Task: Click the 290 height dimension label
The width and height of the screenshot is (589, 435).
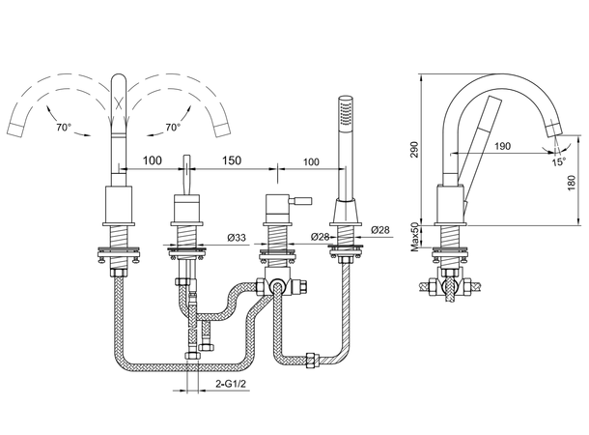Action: [414, 149]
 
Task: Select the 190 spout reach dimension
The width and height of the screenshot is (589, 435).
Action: [502, 146]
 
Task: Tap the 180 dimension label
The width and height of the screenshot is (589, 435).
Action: [572, 183]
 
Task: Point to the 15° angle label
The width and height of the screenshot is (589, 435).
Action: [558, 162]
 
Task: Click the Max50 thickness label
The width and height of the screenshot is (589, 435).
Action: [414, 237]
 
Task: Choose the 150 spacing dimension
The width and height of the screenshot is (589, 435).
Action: [232, 160]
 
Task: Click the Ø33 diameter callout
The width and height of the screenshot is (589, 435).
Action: [237, 237]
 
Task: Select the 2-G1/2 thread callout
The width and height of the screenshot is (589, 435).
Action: [231, 384]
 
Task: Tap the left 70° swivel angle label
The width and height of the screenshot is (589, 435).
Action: [64, 127]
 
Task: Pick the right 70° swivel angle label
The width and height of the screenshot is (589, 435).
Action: [173, 128]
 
